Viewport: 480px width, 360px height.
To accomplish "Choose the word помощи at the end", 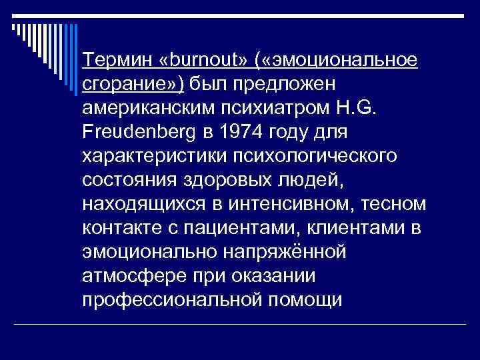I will tap(303, 299).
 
